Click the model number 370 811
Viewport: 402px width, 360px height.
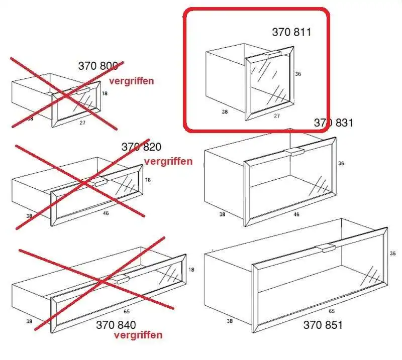point(291,32)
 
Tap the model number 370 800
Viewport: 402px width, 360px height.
point(98,66)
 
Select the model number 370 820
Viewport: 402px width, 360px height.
point(141,147)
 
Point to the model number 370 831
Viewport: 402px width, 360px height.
point(333,123)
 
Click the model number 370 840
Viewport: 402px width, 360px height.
point(116,325)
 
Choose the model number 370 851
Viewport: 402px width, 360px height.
point(323,325)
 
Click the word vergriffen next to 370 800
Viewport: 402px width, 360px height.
point(132,81)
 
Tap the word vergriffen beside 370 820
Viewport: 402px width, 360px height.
point(168,161)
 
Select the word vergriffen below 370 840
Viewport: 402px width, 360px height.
point(138,335)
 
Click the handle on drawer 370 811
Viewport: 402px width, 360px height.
point(274,55)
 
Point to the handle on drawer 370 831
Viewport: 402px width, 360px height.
point(294,152)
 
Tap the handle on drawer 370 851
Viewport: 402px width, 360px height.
point(325,248)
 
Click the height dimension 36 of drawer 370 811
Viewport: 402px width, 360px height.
point(297,74)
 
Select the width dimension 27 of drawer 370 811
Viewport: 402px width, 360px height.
point(277,116)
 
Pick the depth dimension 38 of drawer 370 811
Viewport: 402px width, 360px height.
point(225,111)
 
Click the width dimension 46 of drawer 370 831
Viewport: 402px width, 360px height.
point(296,214)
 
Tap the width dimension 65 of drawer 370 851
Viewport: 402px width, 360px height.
point(332,311)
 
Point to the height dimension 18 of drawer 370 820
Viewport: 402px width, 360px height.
point(148,180)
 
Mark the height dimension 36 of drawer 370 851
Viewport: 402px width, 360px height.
point(392,254)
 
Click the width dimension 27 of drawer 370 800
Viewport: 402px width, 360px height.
point(82,123)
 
